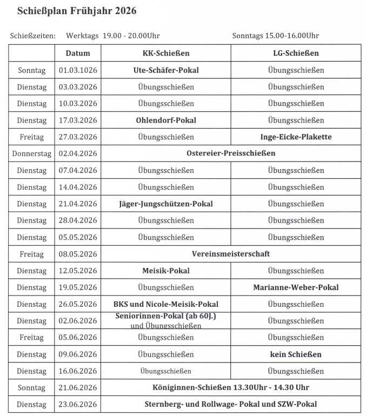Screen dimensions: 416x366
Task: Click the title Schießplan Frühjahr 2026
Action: coord(77,11)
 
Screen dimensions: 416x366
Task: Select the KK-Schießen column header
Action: coord(165,53)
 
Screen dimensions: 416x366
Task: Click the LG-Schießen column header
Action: coord(296,53)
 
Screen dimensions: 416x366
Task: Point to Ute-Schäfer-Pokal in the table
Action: coord(165,70)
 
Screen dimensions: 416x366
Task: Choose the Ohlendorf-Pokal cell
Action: coord(165,120)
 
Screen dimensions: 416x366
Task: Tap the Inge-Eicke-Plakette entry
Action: coord(296,137)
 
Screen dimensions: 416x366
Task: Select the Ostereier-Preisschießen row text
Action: coord(231,153)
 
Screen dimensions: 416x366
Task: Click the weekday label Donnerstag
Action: coord(31,153)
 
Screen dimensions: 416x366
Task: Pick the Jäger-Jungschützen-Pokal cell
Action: coord(165,204)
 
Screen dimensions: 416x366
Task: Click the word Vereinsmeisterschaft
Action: coord(231,254)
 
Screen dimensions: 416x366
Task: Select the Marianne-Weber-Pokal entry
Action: coord(296,287)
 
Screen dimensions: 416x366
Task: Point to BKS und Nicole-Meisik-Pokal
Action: coord(165,304)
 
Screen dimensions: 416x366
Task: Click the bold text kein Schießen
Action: coord(296,354)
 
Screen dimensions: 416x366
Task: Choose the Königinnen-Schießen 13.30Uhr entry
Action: coord(231,388)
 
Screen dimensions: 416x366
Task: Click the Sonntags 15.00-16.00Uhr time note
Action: coord(275,36)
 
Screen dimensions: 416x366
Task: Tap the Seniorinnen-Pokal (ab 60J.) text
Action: coord(165,316)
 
